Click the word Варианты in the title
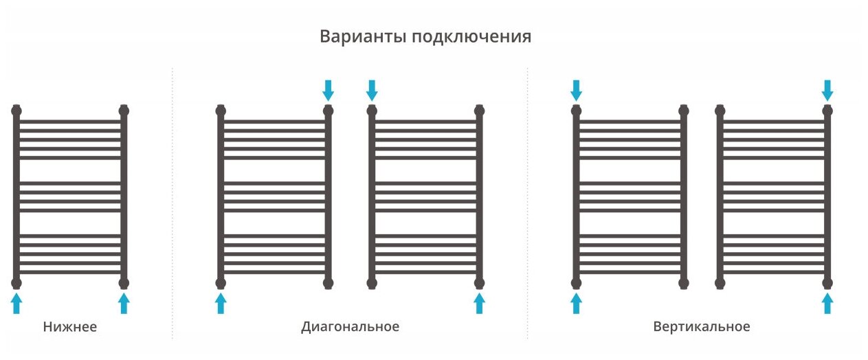[x=363, y=36]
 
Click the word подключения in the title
[x=471, y=37]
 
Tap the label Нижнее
[x=70, y=327]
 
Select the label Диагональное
[x=350, y=327]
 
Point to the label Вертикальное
[x=702, y=327]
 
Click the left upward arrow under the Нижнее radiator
[x=16, y=303]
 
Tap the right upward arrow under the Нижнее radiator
[x=124, y=303]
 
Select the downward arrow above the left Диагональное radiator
[x=328, y=89]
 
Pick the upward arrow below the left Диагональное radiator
[x=221, y=303]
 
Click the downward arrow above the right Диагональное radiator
[x=372, y=89]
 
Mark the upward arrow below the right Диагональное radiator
[x=479, y=303]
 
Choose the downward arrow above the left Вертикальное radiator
[x=576, y=89]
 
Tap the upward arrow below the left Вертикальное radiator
[x=576, y=303]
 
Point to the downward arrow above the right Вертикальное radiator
[x=827, y=89]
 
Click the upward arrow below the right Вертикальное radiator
[x=827, y=303]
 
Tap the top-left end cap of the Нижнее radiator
[x=16, y=110]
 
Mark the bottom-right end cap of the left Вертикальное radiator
[x=683, y=282]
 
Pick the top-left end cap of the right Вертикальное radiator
[x=720, y=110]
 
